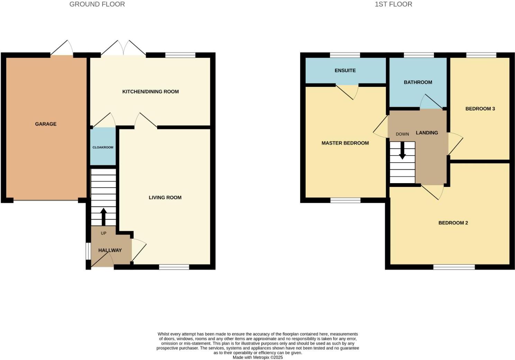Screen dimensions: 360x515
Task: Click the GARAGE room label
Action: point(46,124)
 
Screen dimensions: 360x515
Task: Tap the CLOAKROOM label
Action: point(103,147)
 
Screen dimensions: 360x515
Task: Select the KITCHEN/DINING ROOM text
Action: point(151,92)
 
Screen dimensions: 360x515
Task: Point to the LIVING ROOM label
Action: point(165,198)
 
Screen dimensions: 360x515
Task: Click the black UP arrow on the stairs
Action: point(103,216)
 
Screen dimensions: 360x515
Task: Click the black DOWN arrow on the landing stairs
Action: point(402,151)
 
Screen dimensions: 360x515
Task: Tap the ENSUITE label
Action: point(345,71)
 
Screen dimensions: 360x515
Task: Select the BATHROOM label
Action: point(418,82)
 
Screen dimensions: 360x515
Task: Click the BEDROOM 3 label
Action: point(480,109)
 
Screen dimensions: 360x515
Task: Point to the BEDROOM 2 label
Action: point(453,223)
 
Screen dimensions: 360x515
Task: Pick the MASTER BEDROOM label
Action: point(345,143)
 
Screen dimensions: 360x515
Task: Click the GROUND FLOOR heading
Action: point(97,4)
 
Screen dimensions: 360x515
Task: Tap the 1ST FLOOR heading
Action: point(394,4)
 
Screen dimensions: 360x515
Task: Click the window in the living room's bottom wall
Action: point(174,267)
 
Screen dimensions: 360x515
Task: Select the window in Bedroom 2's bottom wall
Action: point(454,267)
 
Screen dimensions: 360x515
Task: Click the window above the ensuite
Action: point(345,55)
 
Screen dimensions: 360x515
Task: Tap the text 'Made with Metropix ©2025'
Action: point(257,358)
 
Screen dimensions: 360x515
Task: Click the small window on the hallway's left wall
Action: point(88,250)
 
